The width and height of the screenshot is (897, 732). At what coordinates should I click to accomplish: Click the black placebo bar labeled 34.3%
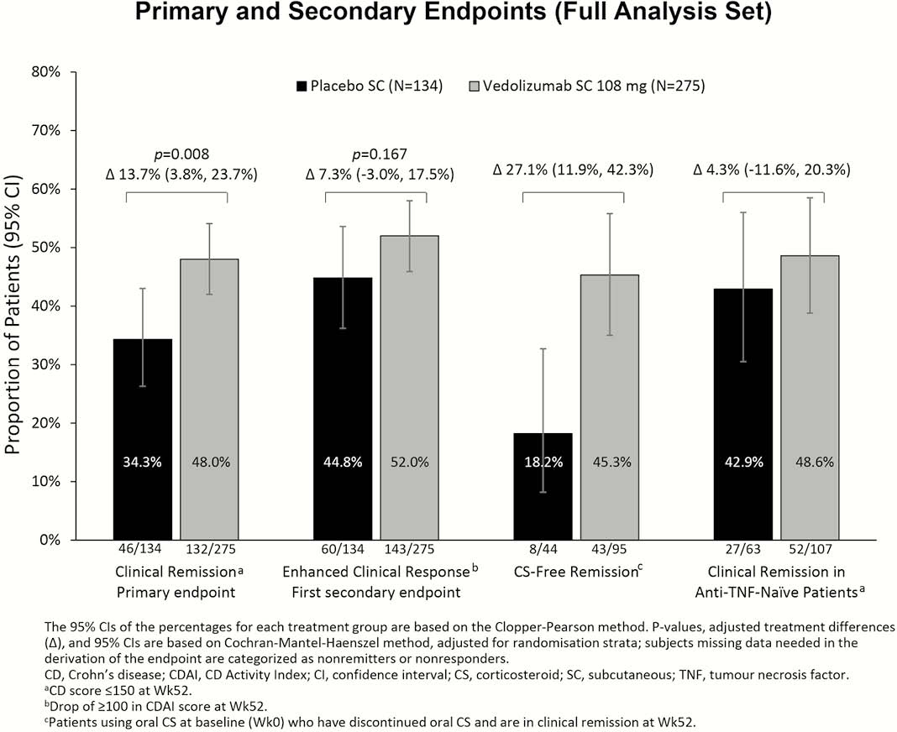(143, 439)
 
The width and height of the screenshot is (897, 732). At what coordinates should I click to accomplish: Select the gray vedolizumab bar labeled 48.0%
(209, 400)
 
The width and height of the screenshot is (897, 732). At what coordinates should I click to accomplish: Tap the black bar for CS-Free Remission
(543, 487)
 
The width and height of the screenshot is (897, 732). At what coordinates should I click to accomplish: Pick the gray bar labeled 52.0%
(410, 388)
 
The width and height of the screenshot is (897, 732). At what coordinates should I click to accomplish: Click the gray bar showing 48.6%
(810, 397)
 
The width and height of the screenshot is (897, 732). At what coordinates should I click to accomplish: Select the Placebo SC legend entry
(370, 86)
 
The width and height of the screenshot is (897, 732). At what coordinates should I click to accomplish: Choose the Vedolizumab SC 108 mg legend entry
(587, 86)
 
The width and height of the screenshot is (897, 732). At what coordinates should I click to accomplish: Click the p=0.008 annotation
(182, 154)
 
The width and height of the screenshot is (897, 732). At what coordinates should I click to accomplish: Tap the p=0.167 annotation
(380, 154)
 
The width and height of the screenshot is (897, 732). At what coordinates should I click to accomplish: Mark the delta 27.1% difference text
(573, 170)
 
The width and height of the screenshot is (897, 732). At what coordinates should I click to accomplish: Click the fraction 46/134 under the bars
(140, 549)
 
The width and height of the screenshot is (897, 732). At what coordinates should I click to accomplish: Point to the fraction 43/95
(608, 549)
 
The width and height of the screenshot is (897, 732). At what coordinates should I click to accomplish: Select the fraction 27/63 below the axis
(743, 549)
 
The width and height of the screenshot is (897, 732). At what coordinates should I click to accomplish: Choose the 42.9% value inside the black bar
(743, 462)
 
